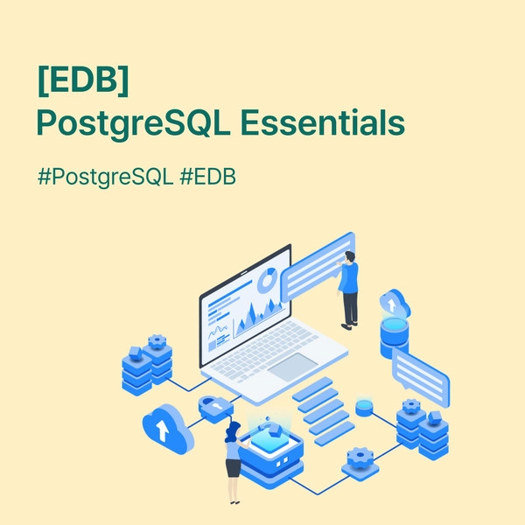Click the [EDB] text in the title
pyautogui.click(x=83, y=80)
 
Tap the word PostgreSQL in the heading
pyautogui.click(x=133, y=123)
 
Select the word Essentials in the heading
pyautogui.click(x=323, y=122)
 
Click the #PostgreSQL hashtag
pyautogui.click(x=106, y=177)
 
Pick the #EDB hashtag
pyautogui.click(x=208, y=177)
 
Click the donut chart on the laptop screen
pyautogui.click(x=267, y=280)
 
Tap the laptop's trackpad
pyautogui.click(x=292, y=367)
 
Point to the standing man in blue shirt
pyautogui.click(x=348, y=290)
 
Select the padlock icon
pyautogui.click(x=215, y=409)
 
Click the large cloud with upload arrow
pyautogui.click(x=168, y=429)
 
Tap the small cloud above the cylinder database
pyautogui.click(x=395, y=304)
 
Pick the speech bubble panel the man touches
pyautogui.click(x=318, y=267)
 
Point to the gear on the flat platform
pyautogui.click(x=360, y=458)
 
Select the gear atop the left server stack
pyautogui.click(x=157, y=341)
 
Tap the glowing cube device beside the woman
pyautogui.click(x=270, y=453)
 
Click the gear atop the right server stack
pyautogui.click(x=411, y=406)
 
